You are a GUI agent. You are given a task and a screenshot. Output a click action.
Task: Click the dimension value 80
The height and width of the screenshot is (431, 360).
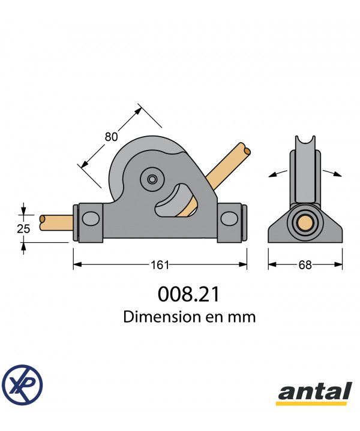point(111,137)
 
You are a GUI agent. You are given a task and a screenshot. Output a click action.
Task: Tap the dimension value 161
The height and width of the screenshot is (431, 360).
point(160,265)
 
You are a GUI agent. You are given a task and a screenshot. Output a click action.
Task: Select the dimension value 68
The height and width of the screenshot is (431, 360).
point(305,265)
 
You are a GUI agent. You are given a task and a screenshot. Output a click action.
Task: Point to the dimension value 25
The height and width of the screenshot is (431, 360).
point(23,229)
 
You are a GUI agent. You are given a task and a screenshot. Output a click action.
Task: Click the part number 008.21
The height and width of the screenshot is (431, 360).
point(188,294)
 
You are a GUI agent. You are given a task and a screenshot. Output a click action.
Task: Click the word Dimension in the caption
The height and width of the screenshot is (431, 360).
point(162,317)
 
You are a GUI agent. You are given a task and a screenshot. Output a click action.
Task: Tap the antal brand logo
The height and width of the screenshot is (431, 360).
point(314,393)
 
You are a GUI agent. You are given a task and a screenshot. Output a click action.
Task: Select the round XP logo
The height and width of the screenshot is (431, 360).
point(22,385)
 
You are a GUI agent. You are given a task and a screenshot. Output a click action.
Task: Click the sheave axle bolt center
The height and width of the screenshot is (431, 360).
point(152,179)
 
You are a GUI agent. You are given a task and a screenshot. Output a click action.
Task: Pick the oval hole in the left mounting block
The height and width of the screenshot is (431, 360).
point(91,219)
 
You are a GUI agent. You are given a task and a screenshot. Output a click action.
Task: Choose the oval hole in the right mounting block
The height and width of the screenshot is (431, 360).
point(229,219)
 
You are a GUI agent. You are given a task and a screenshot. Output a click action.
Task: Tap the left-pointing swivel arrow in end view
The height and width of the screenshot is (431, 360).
point(278,174)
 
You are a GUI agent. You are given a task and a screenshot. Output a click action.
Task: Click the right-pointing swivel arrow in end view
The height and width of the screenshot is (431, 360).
point(332,173)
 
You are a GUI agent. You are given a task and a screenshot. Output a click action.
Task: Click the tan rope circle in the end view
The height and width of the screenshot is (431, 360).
point(305,222)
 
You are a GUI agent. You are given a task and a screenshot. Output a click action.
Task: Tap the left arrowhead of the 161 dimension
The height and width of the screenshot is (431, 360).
point(77,264)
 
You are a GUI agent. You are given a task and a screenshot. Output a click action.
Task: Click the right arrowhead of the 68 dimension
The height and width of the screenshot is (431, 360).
point(338,264)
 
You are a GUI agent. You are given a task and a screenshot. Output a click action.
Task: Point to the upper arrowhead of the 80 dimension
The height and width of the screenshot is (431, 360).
point(138,110)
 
